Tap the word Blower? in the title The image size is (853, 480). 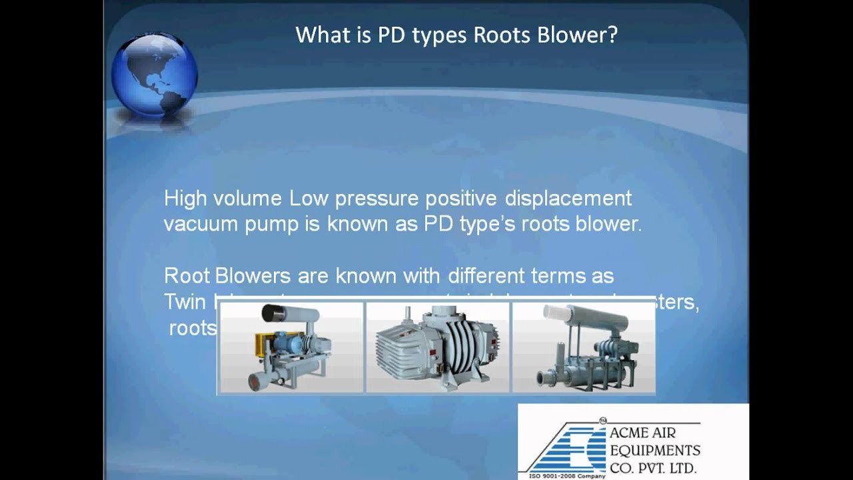[x=579, y=35]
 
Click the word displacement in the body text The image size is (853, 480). [x=568, y=199]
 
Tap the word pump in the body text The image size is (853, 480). [x=271, y=225]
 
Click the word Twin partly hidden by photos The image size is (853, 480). [x=185, y=301]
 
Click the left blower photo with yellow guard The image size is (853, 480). [x=291, y=347]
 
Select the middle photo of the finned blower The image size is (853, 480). [x=437, y=347]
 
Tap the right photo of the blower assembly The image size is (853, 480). [x=582, y=347]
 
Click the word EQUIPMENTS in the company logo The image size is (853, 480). [x=654, y=450]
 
